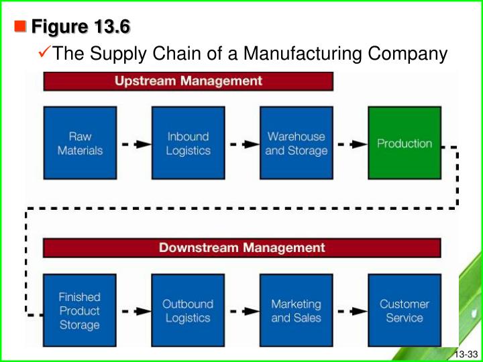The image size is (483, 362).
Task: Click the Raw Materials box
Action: [79, 143]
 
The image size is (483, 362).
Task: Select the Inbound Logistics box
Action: [188, 143]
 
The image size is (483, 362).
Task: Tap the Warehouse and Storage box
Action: [296, 143]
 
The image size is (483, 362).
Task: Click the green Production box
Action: [404, 143]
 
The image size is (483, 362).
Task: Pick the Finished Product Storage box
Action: [79, 310]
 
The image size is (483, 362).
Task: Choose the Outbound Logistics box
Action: [188, 310]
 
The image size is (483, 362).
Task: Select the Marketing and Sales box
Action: [296, 310]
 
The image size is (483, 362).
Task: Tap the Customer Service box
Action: [404, 310]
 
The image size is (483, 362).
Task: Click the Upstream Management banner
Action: [188, 81]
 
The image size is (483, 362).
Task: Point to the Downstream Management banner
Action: [241, 248]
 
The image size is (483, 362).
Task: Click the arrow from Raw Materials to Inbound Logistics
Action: [133, 143]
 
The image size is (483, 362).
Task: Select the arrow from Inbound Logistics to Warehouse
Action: [241, 143]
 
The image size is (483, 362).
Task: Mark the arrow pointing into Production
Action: [350, 143]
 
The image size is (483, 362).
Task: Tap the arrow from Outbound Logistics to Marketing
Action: [241, 311]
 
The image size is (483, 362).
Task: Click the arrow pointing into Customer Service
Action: [350, 311]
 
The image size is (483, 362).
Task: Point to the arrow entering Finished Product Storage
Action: [36, 311]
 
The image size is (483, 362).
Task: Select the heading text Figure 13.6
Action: [81, 27]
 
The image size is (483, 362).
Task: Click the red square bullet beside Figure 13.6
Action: [20, 27]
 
